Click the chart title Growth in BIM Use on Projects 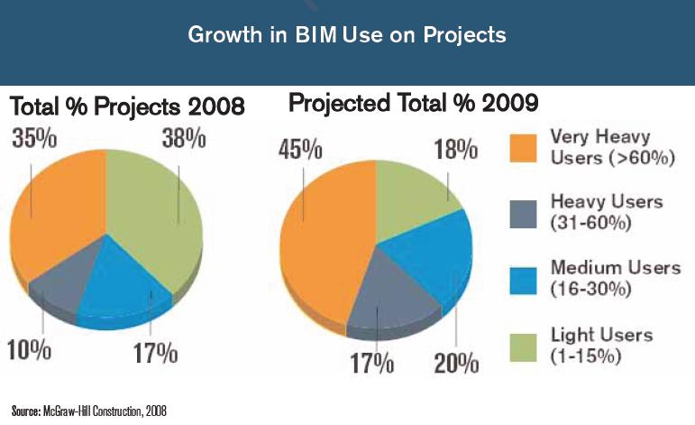pos(347,35)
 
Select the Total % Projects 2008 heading pos(127,107)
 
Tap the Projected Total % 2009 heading pos(414,104)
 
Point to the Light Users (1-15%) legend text pos(601,346)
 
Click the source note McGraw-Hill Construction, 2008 pos(89,411)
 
